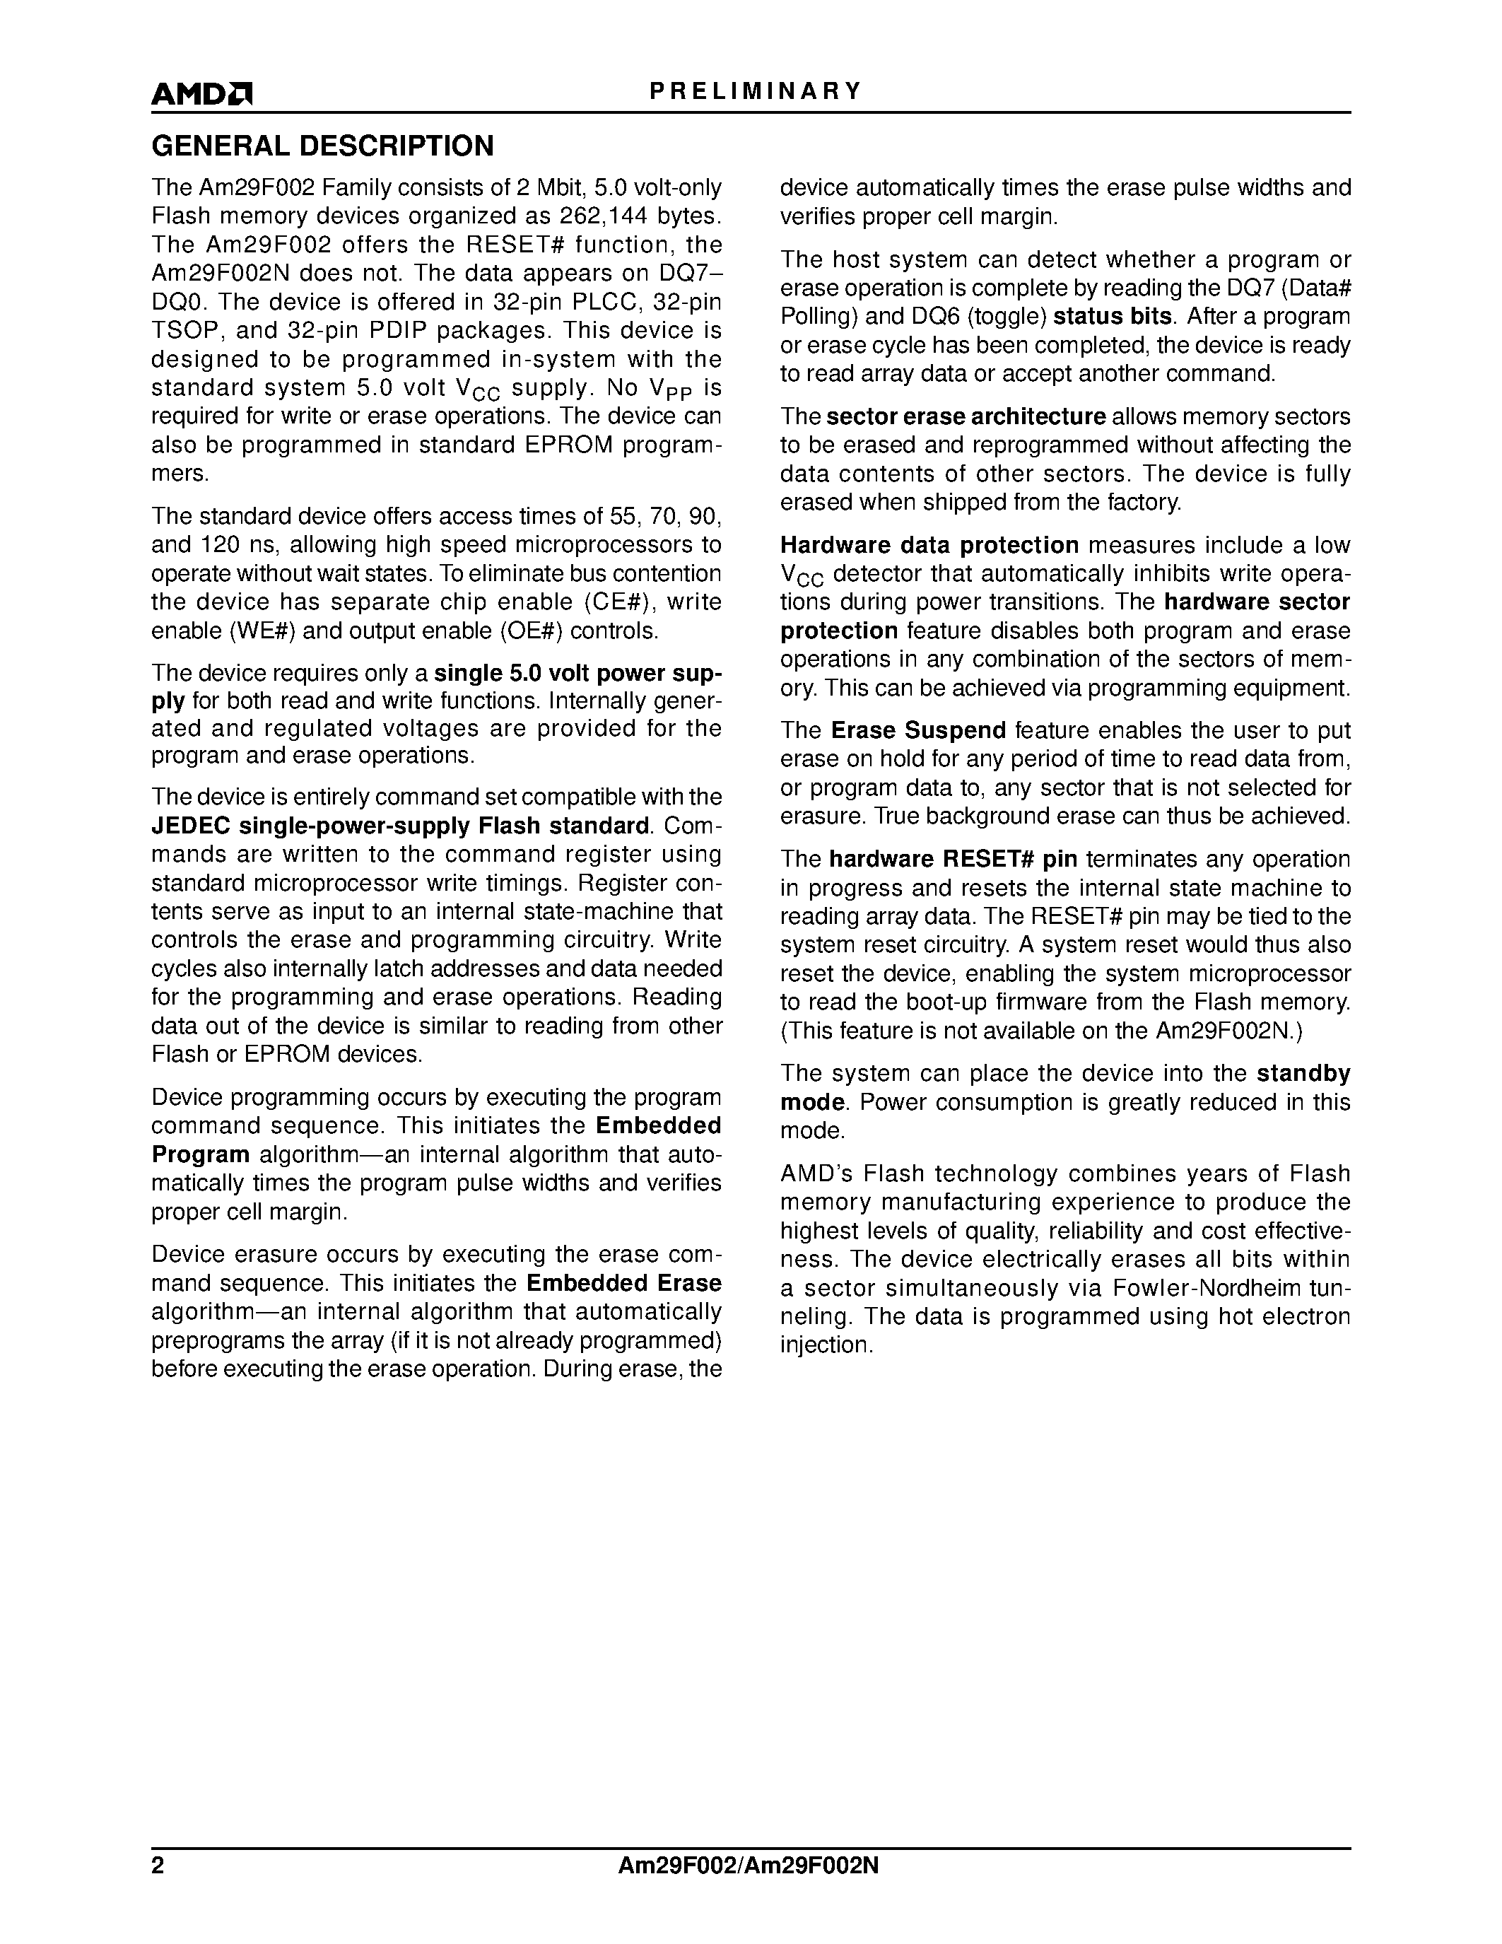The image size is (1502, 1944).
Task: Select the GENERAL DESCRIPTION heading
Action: (322, 146)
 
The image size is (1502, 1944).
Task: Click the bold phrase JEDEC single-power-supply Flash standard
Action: (399, 826)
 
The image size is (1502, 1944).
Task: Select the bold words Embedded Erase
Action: (623, 1284)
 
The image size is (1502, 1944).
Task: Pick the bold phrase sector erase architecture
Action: (966, 416)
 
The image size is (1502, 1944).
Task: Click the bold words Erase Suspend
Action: (918, 731)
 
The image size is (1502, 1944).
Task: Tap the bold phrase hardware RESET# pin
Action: (953, 859)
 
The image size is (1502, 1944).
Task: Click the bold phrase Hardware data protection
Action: (929, 546)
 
